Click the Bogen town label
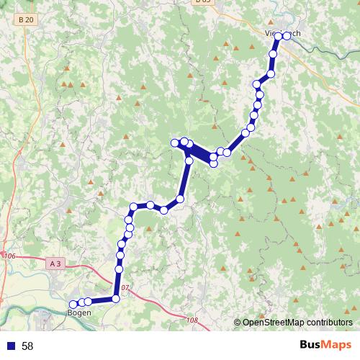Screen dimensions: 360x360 pyautogui.click(x=78, y=312)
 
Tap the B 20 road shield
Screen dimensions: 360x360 pyautogui.click(x=27, y=19)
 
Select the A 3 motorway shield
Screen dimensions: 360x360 pyautogui.click(x=55, y=264)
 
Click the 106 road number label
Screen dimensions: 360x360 pyautogui.click(x=9, y=256)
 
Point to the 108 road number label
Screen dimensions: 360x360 pyautogui.click(x=191, y=320)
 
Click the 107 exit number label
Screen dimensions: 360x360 pyautogui.click(x=125, y=288)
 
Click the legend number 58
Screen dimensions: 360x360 pyautogui.click(x=27, y=346)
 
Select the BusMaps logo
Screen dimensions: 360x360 pyautogui.click(x=325, y=345)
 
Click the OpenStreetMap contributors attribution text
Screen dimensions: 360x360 pyautogui.click(x=293, y=323)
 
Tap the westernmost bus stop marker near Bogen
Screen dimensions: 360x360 pyautogui.click(x=73, y=305)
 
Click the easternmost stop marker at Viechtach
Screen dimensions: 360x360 pyautogui.click(x=287, y=35)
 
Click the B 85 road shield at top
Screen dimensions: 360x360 pyautogui.click(x=203, y=2)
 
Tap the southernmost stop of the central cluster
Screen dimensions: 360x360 pyautogui.click(x=214, y=164)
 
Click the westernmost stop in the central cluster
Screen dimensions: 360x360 pyautogui.click(x=174, y=143)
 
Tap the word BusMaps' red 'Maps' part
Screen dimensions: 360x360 pyautogui.click(x=336, y=345)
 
